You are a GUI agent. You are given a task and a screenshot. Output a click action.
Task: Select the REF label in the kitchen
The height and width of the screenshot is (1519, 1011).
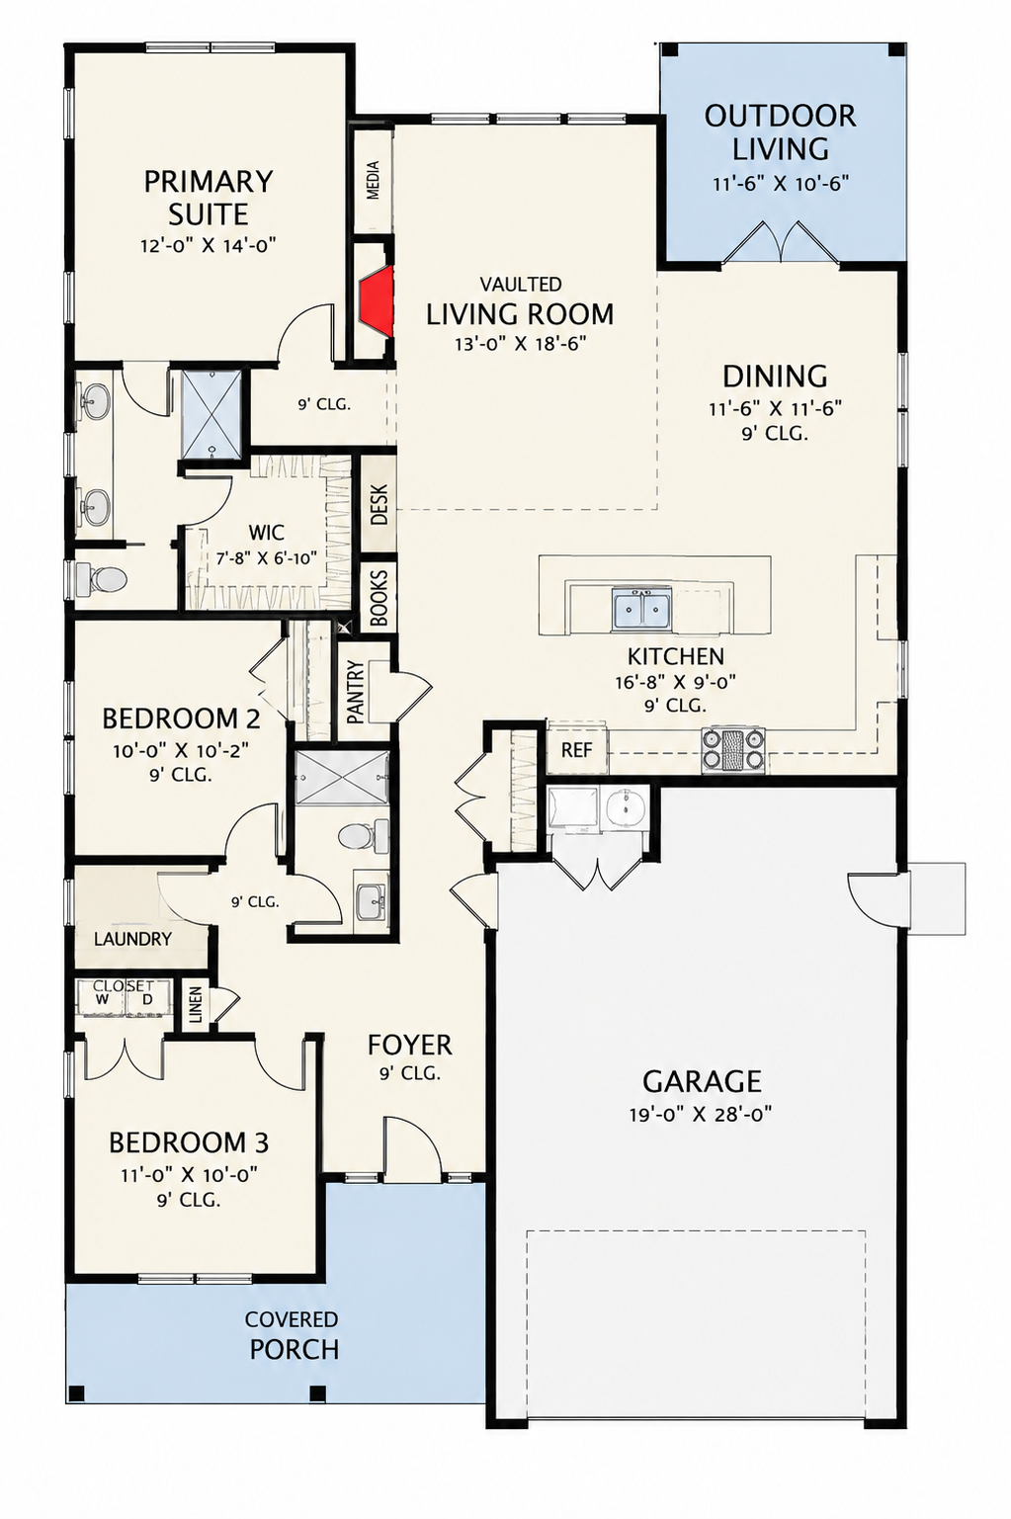576,750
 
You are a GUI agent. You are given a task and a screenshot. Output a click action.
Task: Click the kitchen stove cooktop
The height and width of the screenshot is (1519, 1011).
733,750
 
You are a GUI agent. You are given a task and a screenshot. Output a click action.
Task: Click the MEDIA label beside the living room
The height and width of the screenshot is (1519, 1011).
373,180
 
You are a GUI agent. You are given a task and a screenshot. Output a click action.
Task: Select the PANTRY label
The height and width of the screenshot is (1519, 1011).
356,692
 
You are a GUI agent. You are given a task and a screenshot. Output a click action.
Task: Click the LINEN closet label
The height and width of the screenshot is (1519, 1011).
196,1006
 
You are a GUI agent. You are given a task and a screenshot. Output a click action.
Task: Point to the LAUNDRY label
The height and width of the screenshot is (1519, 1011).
132,939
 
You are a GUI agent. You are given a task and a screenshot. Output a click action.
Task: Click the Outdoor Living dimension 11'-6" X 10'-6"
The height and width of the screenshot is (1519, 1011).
781,184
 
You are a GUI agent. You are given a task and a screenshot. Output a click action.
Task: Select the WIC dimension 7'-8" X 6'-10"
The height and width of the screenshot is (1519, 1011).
268,559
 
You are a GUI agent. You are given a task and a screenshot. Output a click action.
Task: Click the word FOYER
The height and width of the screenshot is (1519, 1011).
409,1045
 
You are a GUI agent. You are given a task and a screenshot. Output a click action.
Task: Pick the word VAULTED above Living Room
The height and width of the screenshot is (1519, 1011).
520,283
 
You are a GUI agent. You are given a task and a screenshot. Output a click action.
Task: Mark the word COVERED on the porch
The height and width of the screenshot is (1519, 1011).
292,1319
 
